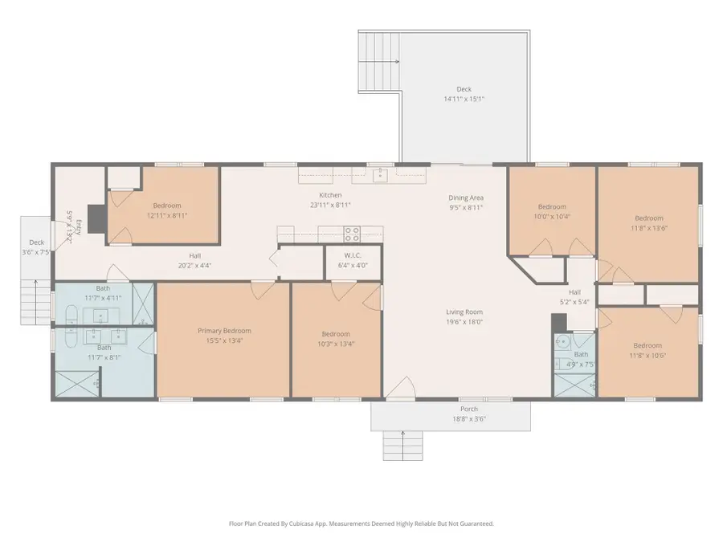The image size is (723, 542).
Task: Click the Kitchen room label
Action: [330, 195]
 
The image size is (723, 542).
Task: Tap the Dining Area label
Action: [465, 198]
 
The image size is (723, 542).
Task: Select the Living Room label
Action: [465, 312]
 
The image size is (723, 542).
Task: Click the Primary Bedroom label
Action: [224, 330]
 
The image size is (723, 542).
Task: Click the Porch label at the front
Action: [468, 409]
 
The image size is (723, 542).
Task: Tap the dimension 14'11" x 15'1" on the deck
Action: [464, 99]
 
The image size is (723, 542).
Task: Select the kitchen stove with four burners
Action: [352, 234]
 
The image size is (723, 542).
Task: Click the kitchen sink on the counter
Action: [381, 174]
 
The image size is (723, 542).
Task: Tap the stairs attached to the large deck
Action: [379, 50]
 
